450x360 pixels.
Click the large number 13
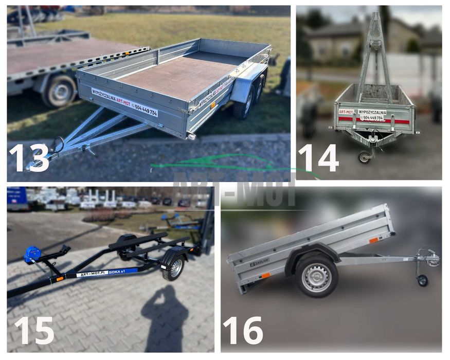(x=29, y=157)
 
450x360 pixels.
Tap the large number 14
(x=318, y=157)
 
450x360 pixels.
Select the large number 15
(x=33, y=330)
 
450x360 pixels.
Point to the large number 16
(x=243, y=330)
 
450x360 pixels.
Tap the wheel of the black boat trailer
(x=174, y=267)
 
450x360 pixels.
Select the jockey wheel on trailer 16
(x=422, y=280)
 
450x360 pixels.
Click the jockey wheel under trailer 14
(x=365, y=157)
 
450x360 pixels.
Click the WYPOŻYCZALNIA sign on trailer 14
(x=371, y=112)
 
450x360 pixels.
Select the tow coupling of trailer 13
(x=39, y=164)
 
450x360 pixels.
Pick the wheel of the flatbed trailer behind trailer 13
(x=61, y=91)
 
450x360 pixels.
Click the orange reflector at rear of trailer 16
(x=265, y=276)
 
